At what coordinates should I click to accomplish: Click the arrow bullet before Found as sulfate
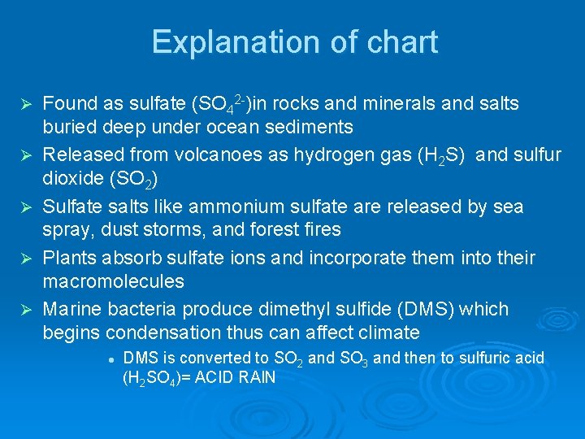[25, 105]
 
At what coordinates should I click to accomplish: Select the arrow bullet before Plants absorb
[25, 259]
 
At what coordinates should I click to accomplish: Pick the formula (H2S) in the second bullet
[436, 155]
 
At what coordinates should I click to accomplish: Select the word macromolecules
[113, 282]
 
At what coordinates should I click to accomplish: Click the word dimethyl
[320, 310]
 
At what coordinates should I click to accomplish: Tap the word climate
[389, 333]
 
